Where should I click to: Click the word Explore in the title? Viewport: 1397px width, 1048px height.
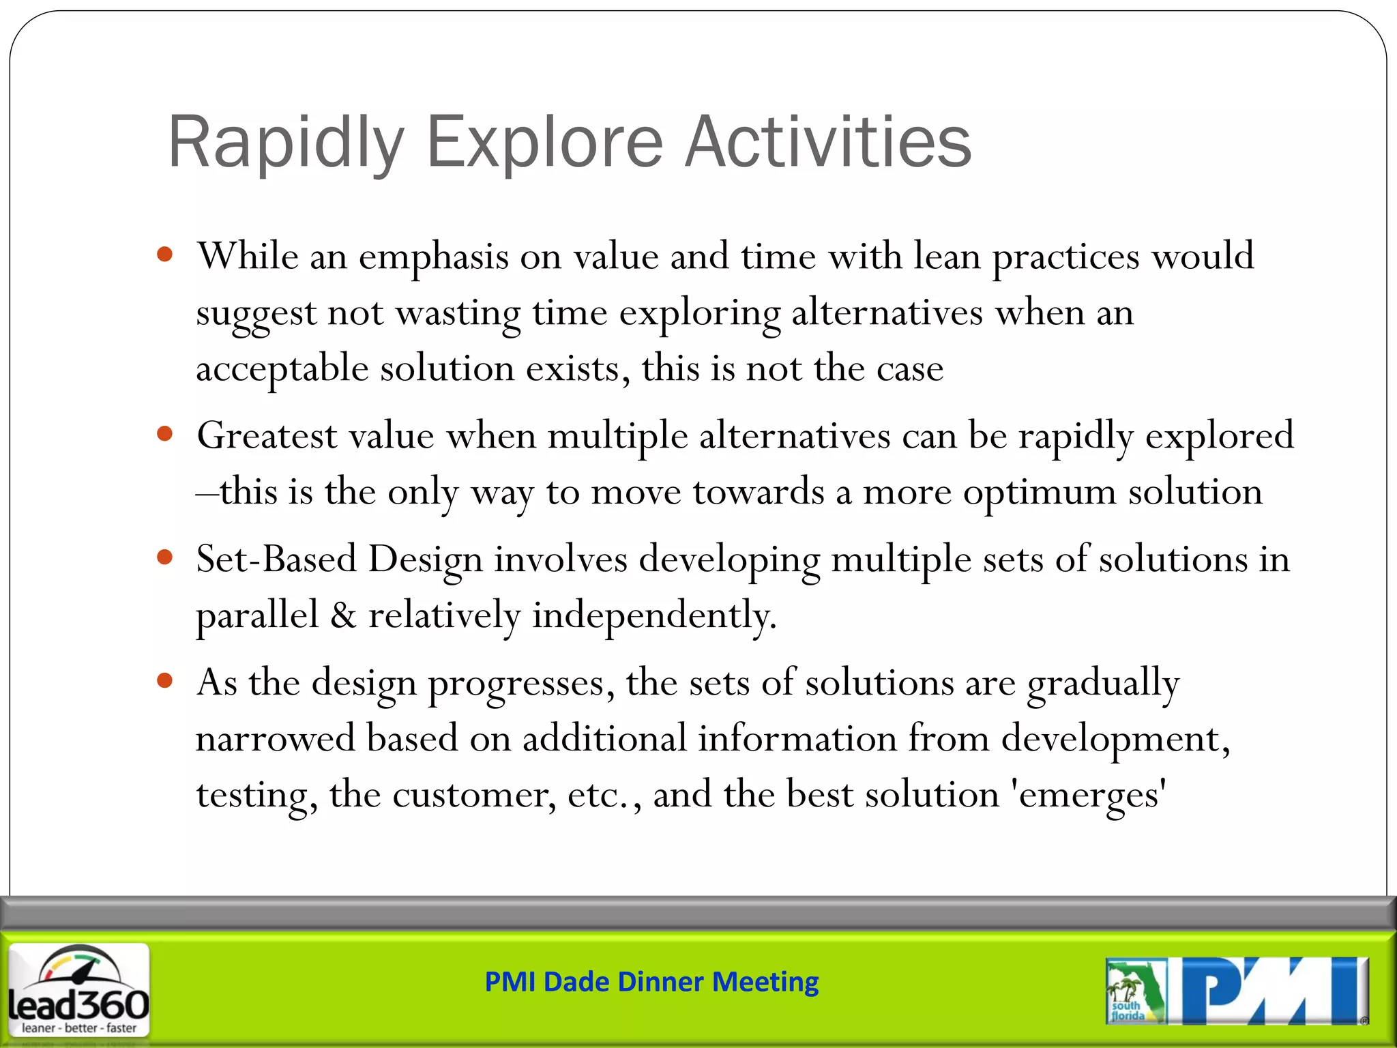(x=544, y=143)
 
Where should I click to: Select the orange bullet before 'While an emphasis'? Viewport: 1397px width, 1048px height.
(x=164, y=255)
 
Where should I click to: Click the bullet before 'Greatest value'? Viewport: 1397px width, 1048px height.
(x=164, y=434)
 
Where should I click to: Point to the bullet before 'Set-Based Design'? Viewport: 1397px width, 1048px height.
(x=164, y=557)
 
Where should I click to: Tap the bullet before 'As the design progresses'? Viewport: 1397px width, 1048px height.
(x=164, y=680)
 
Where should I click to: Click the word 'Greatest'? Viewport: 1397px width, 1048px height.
(x=267, y=435)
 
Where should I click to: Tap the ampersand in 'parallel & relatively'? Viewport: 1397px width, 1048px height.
(x=343, y=615)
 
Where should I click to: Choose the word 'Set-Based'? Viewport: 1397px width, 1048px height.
(x=276, y=559)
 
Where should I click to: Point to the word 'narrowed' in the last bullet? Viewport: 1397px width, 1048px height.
(x=275, y=739)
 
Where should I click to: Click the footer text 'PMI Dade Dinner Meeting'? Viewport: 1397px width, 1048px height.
(x=651, y=982)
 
